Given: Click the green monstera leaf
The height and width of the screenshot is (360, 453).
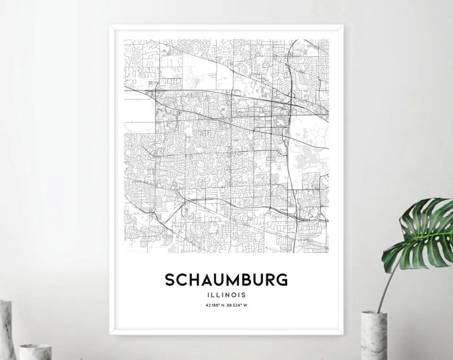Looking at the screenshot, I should pos(419,230).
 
